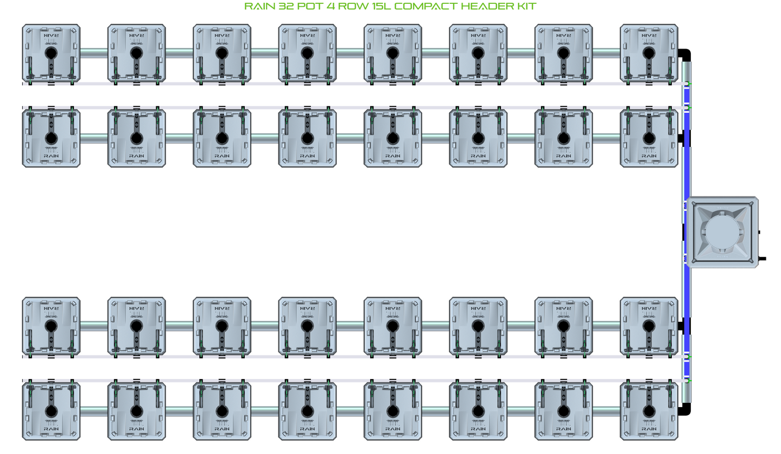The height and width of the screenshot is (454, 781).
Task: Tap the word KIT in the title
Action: (x=526, y=6)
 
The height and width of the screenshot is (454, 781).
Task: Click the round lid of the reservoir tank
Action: (x=722, y=233)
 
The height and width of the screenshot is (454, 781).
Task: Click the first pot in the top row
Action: (x=51, y=53)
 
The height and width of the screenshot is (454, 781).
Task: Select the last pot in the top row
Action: (x=649, y=53)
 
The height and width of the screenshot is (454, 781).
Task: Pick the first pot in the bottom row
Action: (x=51, y=411)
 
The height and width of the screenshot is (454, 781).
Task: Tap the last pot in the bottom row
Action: (x=649, y=411)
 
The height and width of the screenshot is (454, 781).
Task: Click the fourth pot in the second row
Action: (x=308, y=138)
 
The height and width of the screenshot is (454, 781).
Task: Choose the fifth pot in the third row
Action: (x=393, y=326)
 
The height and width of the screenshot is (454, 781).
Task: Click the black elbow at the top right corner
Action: (x=685, y=55)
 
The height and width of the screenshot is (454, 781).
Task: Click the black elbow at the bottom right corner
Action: (x=685, y=410)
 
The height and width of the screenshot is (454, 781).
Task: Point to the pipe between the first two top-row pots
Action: (x=94, y=53)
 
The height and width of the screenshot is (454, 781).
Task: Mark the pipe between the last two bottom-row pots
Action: (x=606, y=411)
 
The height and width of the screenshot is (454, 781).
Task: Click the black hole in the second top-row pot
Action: (x=137, y=53)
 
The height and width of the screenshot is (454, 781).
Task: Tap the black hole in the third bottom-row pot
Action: (x=222, y=412)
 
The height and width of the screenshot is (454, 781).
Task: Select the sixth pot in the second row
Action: (x=478, y=138)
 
